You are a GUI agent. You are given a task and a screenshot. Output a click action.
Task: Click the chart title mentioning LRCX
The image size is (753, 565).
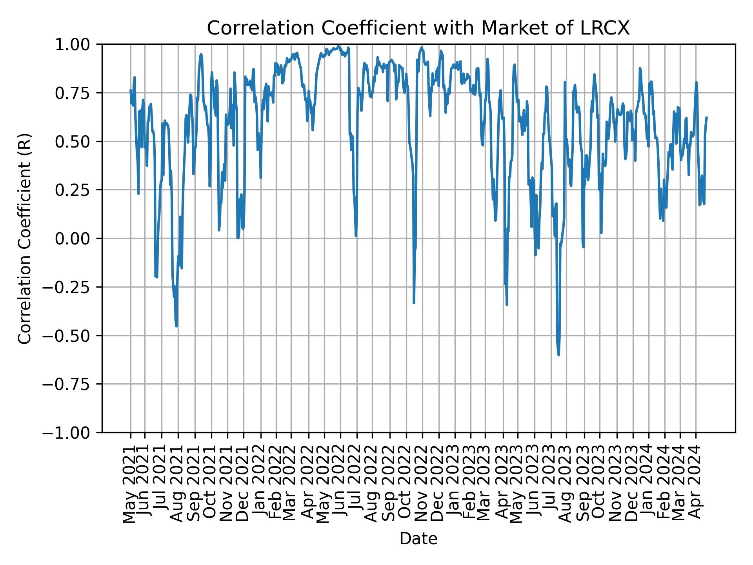click(418, 28)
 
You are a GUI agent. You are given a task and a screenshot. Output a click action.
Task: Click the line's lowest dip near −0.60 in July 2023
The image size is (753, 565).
click(558, 355)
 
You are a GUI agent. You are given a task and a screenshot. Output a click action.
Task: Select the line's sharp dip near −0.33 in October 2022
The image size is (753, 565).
click(414, 303)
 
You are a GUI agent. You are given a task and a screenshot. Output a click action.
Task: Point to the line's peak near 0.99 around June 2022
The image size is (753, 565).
click(338, 46)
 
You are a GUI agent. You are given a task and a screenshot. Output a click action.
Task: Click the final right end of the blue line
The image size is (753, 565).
click(707, 117)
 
